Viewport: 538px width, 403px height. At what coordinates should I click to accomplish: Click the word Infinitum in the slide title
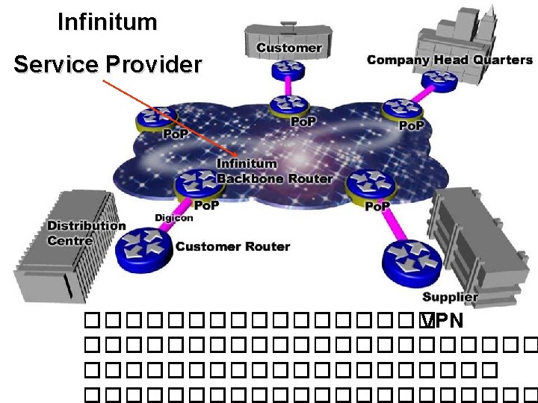click(107, 22)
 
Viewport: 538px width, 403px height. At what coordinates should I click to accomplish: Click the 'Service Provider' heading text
click(108, 65)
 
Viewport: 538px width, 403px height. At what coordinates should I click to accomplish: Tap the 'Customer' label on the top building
click(288, 48)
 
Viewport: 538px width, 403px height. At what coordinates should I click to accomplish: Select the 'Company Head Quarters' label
click(449, 60)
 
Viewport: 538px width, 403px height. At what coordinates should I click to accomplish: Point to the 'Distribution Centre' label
click(86, 233)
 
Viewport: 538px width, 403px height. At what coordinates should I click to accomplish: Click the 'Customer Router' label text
click(232, 246)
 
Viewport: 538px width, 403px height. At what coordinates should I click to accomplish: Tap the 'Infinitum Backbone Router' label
click(274, 171)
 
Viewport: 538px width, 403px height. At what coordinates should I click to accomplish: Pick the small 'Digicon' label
click(174, 218)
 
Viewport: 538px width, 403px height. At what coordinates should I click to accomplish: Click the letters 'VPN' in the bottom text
click(442, 322)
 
